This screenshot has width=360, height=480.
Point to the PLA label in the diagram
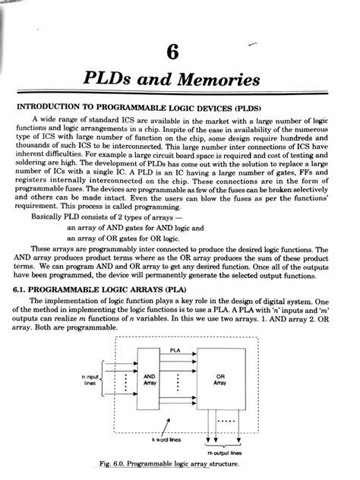pos(175,350)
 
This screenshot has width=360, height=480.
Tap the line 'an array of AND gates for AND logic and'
pos(140,226)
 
